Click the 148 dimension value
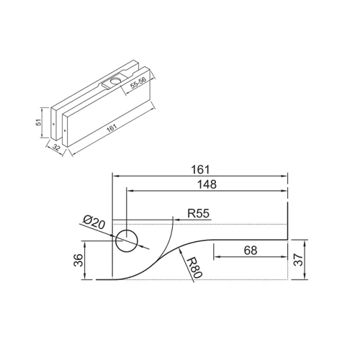point(207,184)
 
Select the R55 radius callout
point(198,213)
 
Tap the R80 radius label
point(194,268)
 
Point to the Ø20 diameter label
point(94,222)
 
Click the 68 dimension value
point(251,251)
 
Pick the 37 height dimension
point(298,260)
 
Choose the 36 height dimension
point(78,260)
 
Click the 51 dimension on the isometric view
point(39,123)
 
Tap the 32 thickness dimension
point(56,147)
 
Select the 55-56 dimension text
point(138,83)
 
